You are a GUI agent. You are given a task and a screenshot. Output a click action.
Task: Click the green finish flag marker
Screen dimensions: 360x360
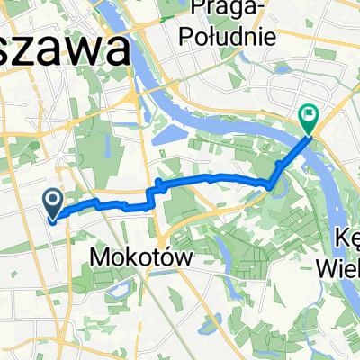pos(309,114)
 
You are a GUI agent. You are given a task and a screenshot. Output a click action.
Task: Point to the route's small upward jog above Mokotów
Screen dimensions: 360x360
pos(159,185)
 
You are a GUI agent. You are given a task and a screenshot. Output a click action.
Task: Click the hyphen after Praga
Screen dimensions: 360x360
pos(257,11)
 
